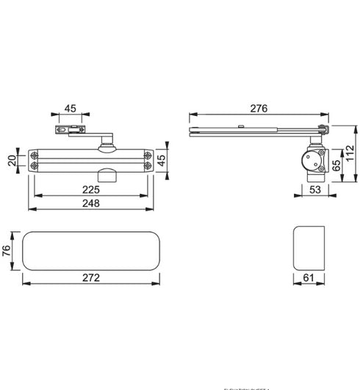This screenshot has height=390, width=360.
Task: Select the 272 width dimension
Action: (90, 279)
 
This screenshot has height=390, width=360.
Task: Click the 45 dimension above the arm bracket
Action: (70, 109)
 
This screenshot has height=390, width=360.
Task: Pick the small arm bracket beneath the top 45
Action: (67, 131)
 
